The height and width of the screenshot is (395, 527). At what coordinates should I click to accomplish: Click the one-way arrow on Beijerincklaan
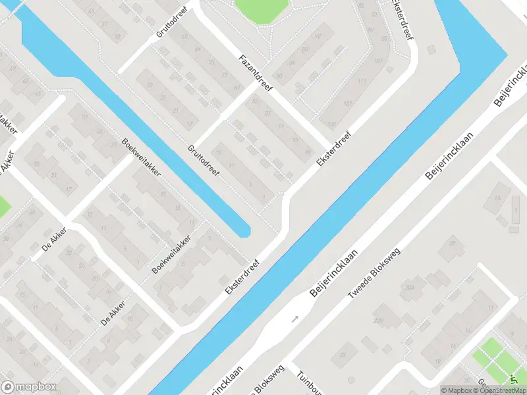294,319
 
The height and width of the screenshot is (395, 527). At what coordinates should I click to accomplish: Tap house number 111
362,81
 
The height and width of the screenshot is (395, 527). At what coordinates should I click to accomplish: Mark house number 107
377,61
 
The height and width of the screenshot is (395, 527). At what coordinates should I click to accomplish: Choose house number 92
318,36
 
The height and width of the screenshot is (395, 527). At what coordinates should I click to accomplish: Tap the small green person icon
513,380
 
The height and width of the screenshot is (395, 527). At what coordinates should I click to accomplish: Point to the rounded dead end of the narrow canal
244,230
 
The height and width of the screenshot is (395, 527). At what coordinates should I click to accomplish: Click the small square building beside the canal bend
431,50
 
